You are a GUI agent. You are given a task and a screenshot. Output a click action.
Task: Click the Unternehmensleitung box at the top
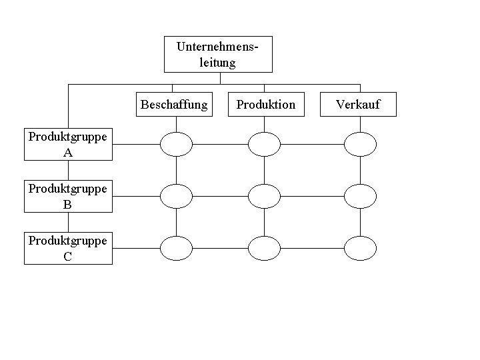(218, 54)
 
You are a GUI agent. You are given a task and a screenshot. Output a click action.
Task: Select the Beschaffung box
(174, 105)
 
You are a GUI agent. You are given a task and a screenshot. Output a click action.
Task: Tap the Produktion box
(266, 105)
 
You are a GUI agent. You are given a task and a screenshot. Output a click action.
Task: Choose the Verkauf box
(358, 105)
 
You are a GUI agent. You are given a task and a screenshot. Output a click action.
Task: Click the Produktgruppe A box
(68, 145)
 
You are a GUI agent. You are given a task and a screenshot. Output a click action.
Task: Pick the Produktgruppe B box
(68, 197)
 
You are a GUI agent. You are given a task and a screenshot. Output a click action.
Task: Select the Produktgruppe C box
(68, 248)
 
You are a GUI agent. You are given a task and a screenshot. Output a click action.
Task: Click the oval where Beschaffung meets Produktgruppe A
(177, 143)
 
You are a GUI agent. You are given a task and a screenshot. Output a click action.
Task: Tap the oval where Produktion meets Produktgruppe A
(264, 143)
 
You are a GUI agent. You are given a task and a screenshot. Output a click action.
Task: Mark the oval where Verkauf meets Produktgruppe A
(360, 143)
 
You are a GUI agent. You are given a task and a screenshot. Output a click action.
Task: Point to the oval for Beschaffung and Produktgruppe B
(177, 196)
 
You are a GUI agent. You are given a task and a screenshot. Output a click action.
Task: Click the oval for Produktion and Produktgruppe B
(264, 196)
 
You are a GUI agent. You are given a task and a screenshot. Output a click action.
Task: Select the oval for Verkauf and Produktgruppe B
(360, 196)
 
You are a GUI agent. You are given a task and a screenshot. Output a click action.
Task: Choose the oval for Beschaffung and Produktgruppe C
(177, 248)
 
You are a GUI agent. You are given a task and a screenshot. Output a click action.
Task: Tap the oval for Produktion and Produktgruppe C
(264, 248)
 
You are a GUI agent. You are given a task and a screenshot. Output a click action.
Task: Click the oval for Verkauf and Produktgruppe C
(360, 248)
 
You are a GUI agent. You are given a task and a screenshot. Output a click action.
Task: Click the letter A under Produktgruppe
(68, 153)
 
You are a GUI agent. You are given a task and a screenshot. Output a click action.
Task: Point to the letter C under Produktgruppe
(68, 257)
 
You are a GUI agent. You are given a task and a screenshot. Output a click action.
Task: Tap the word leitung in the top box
(218, 63)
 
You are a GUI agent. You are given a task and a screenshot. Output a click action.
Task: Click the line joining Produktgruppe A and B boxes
(68, 171)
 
